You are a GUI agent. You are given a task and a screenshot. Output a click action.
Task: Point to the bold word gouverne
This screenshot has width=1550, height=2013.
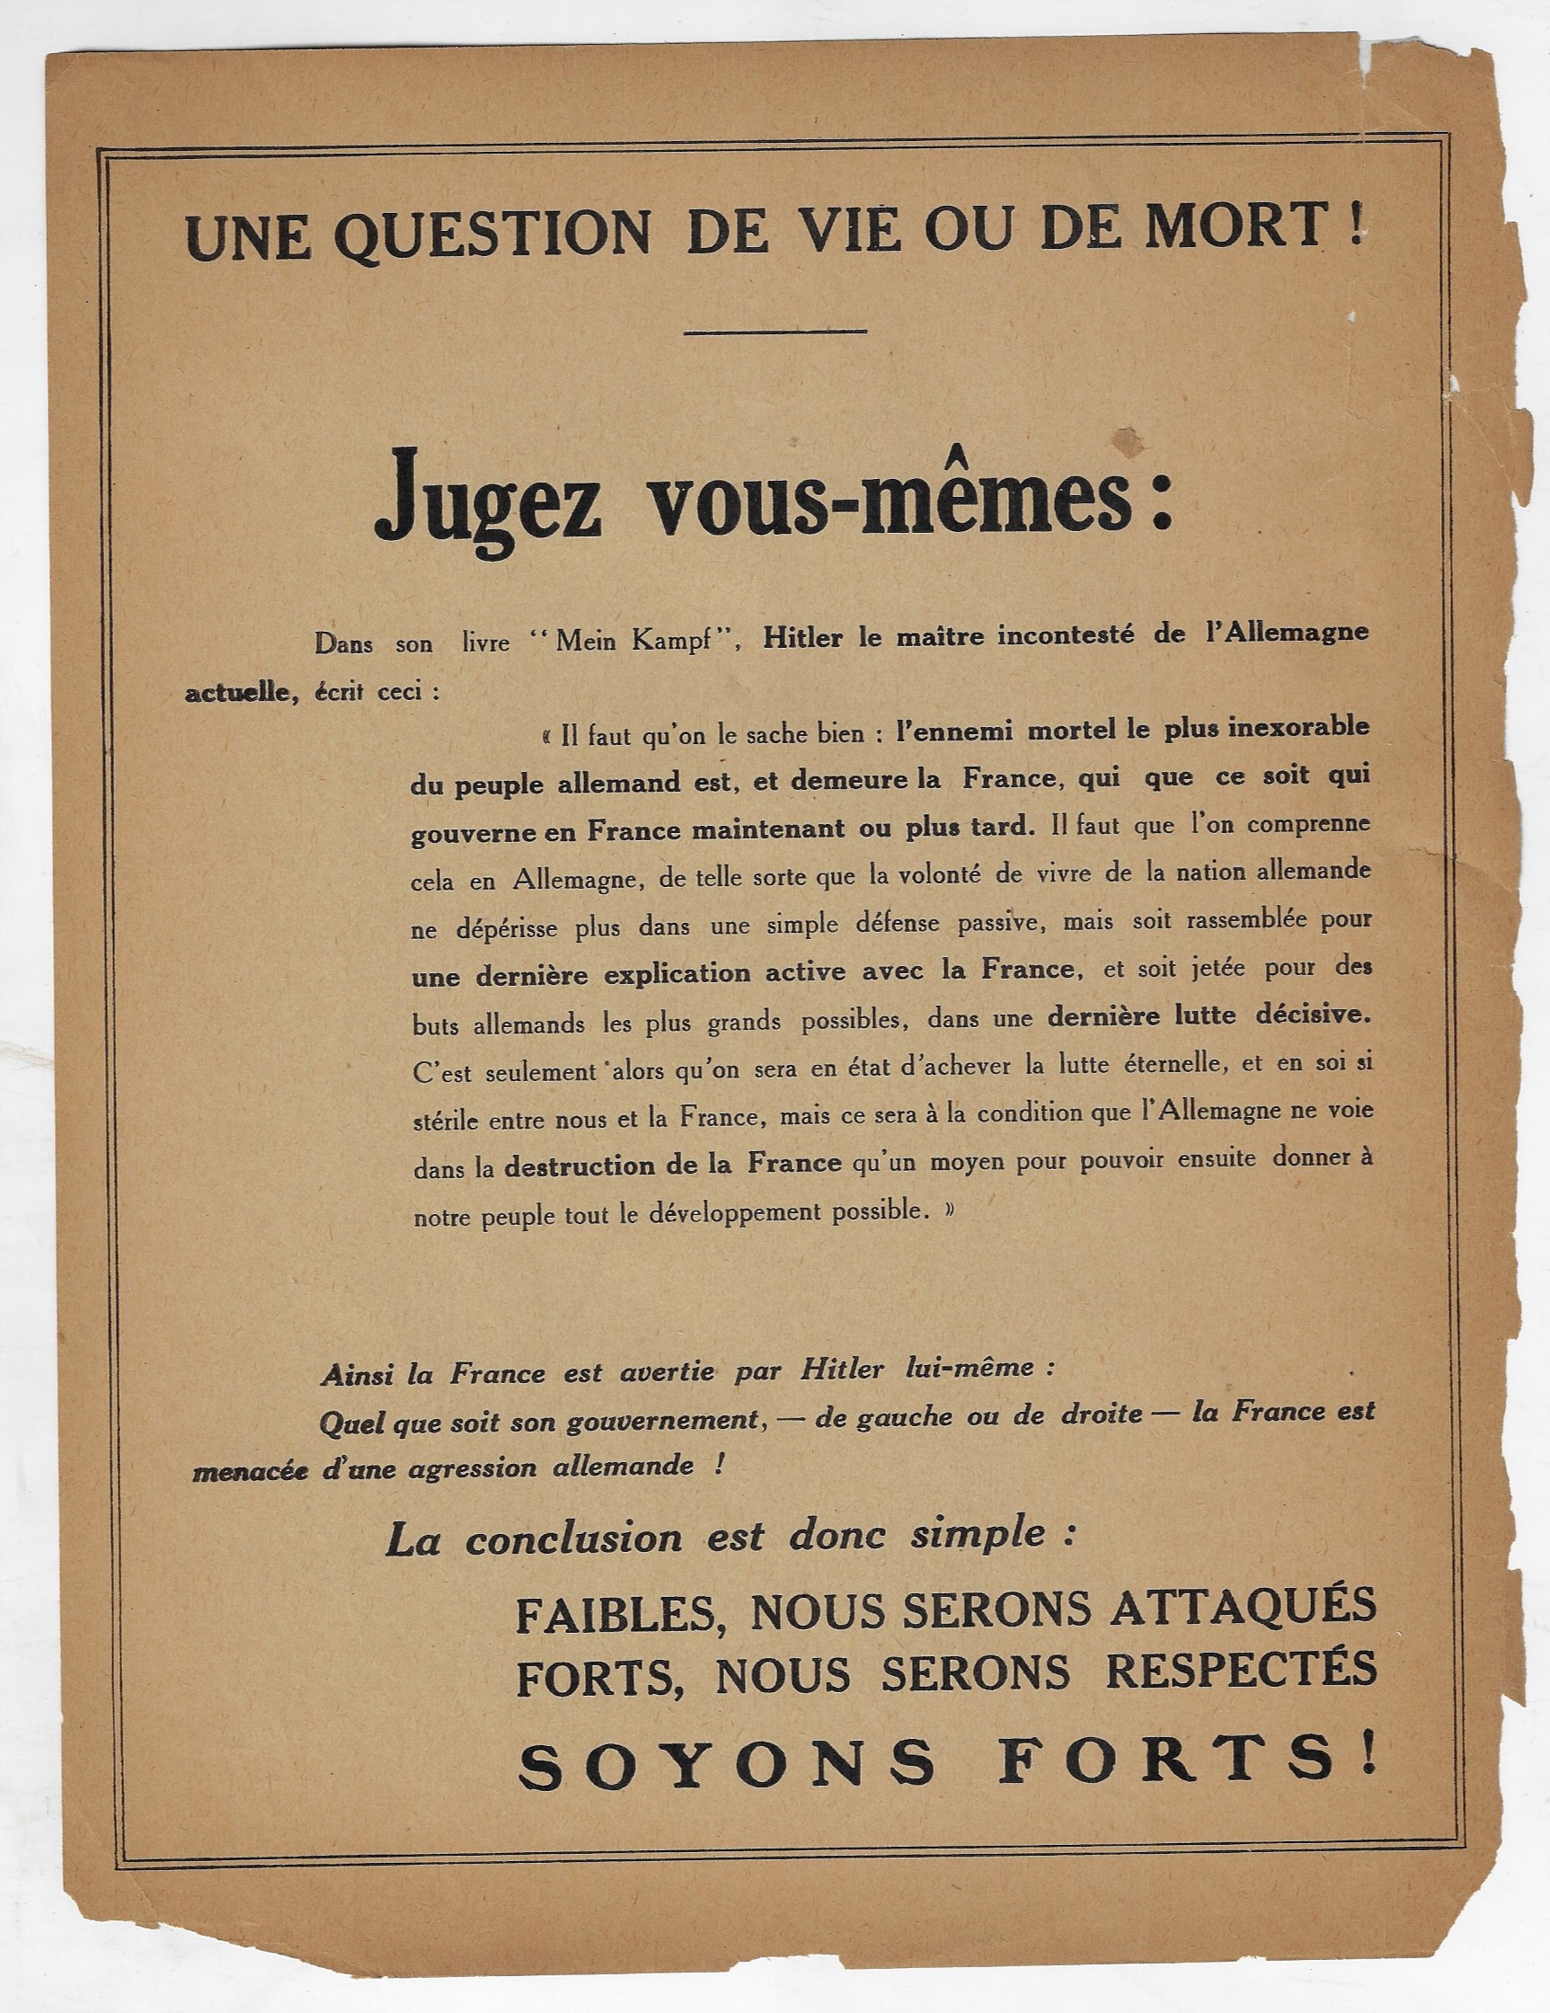pyautogui.click(x=466, y=830)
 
